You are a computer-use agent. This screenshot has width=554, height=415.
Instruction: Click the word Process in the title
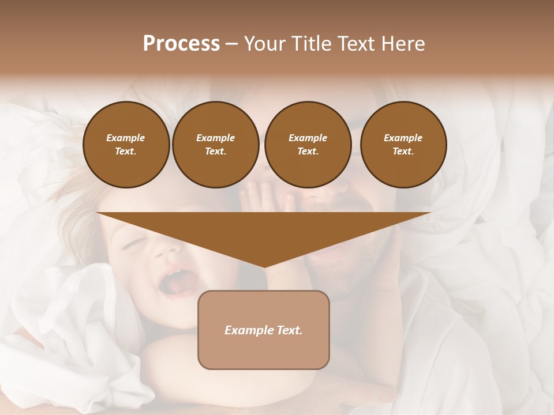181,43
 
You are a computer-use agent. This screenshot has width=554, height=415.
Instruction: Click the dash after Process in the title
232,44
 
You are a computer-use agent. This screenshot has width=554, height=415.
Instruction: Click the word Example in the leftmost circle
126,138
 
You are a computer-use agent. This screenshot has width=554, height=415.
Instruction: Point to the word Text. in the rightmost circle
403,151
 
